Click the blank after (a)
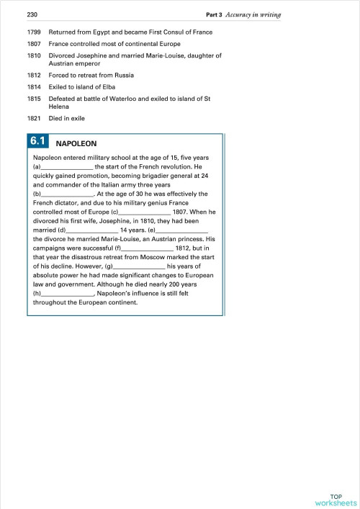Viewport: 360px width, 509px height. pyautogui.click(x=67, y=168)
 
